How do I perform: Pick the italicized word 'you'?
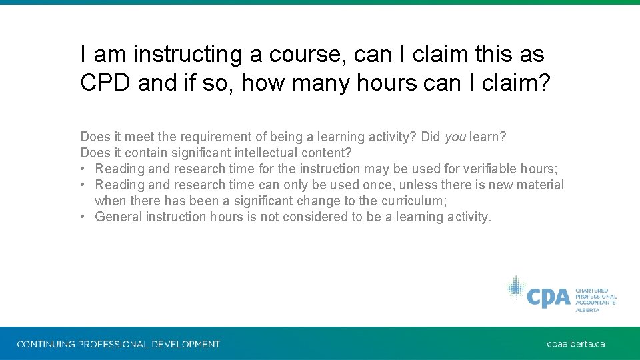[x=455, y=137]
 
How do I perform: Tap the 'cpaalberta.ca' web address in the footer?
[x=575, y=344]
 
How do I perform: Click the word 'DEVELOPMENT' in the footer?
[x=185, y=344]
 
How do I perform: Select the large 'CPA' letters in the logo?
[x=548, y=297]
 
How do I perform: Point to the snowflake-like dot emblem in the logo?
[x=515, y=288]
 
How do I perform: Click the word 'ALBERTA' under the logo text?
[x=587, y=310]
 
